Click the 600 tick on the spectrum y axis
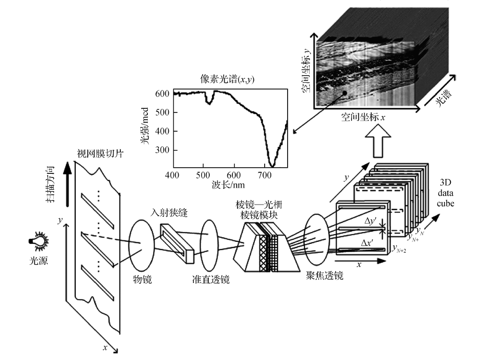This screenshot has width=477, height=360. tap(163, 94)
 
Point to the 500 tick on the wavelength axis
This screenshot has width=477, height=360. tap(203, 175)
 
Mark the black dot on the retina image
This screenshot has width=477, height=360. tap(344, 93)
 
